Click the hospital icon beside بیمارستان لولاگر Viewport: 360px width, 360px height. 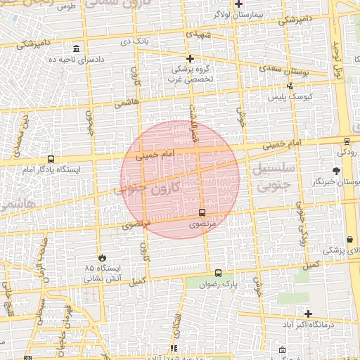(239, 4)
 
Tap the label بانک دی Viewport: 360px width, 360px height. (135, 41)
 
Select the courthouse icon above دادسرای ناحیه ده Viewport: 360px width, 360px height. (76, 49)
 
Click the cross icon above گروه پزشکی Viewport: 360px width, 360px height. (189, 58)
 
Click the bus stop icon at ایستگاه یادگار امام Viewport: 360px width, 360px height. (50, 160)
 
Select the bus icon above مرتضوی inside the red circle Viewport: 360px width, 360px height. (202, 212)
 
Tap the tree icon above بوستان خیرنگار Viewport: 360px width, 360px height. (337, 171)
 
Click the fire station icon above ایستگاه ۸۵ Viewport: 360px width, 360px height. (104, 258)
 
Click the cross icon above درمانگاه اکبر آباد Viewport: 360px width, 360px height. (308, 313)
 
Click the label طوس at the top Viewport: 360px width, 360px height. (67, 6)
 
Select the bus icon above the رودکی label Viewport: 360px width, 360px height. (345, 141)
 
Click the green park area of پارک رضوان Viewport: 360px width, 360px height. (204, 285)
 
